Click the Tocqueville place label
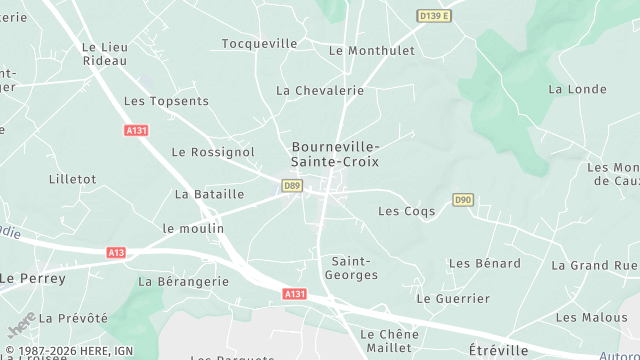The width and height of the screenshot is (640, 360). pos(259,44)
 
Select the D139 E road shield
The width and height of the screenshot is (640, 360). pos(435,16)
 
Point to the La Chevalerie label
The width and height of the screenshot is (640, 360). pos(320,91)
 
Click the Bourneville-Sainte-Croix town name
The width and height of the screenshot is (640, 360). pos(335,153)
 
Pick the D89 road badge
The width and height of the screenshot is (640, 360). pos(292,186)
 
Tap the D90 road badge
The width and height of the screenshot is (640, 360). pos(462,200)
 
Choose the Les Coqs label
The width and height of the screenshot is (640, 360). pos(403,211)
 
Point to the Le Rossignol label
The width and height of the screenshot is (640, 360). pos(213,152)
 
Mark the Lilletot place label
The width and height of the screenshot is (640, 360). pos(72,179)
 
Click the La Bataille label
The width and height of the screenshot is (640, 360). pos(209,194)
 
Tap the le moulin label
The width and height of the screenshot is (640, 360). pos(193,228)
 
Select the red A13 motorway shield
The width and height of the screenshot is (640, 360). pos(116,253)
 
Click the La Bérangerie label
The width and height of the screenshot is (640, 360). pos(183,282)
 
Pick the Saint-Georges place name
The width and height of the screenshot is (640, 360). pos(354,267)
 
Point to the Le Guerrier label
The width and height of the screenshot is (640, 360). pos(453,299)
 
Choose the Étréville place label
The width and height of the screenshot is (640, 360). pos(497,350)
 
